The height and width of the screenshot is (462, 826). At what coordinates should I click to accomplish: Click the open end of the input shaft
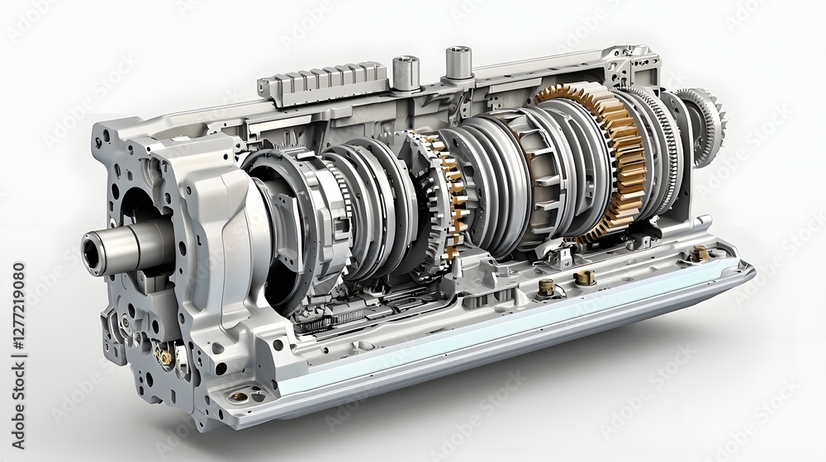tap(93, 249)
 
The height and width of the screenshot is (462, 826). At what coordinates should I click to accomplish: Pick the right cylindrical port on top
tap(458, 63)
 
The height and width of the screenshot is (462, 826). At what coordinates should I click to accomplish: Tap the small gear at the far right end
tap(706, 124)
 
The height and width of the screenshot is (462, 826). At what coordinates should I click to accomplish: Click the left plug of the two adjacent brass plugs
tap(546, 286)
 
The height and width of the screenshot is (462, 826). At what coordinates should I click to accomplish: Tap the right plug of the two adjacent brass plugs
tap(585, 277)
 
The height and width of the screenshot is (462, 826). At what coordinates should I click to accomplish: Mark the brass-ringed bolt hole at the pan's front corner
tap(239, 397)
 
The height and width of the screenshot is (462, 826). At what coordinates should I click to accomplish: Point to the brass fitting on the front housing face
tap(164, 356)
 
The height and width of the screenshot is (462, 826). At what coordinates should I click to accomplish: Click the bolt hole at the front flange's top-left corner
tap(104, 130)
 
